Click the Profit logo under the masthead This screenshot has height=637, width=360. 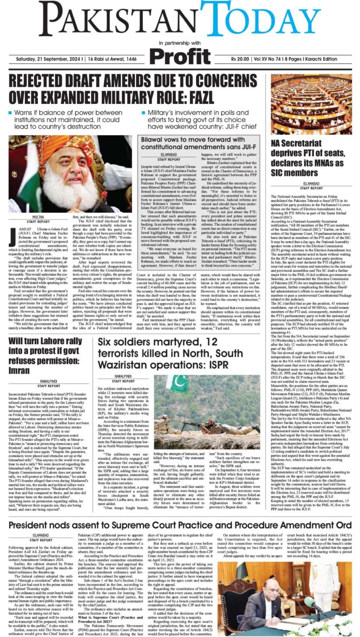pyautogui.click(x=180, y=53)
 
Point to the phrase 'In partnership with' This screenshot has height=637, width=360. pyautogui.click(x=180, y=42)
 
